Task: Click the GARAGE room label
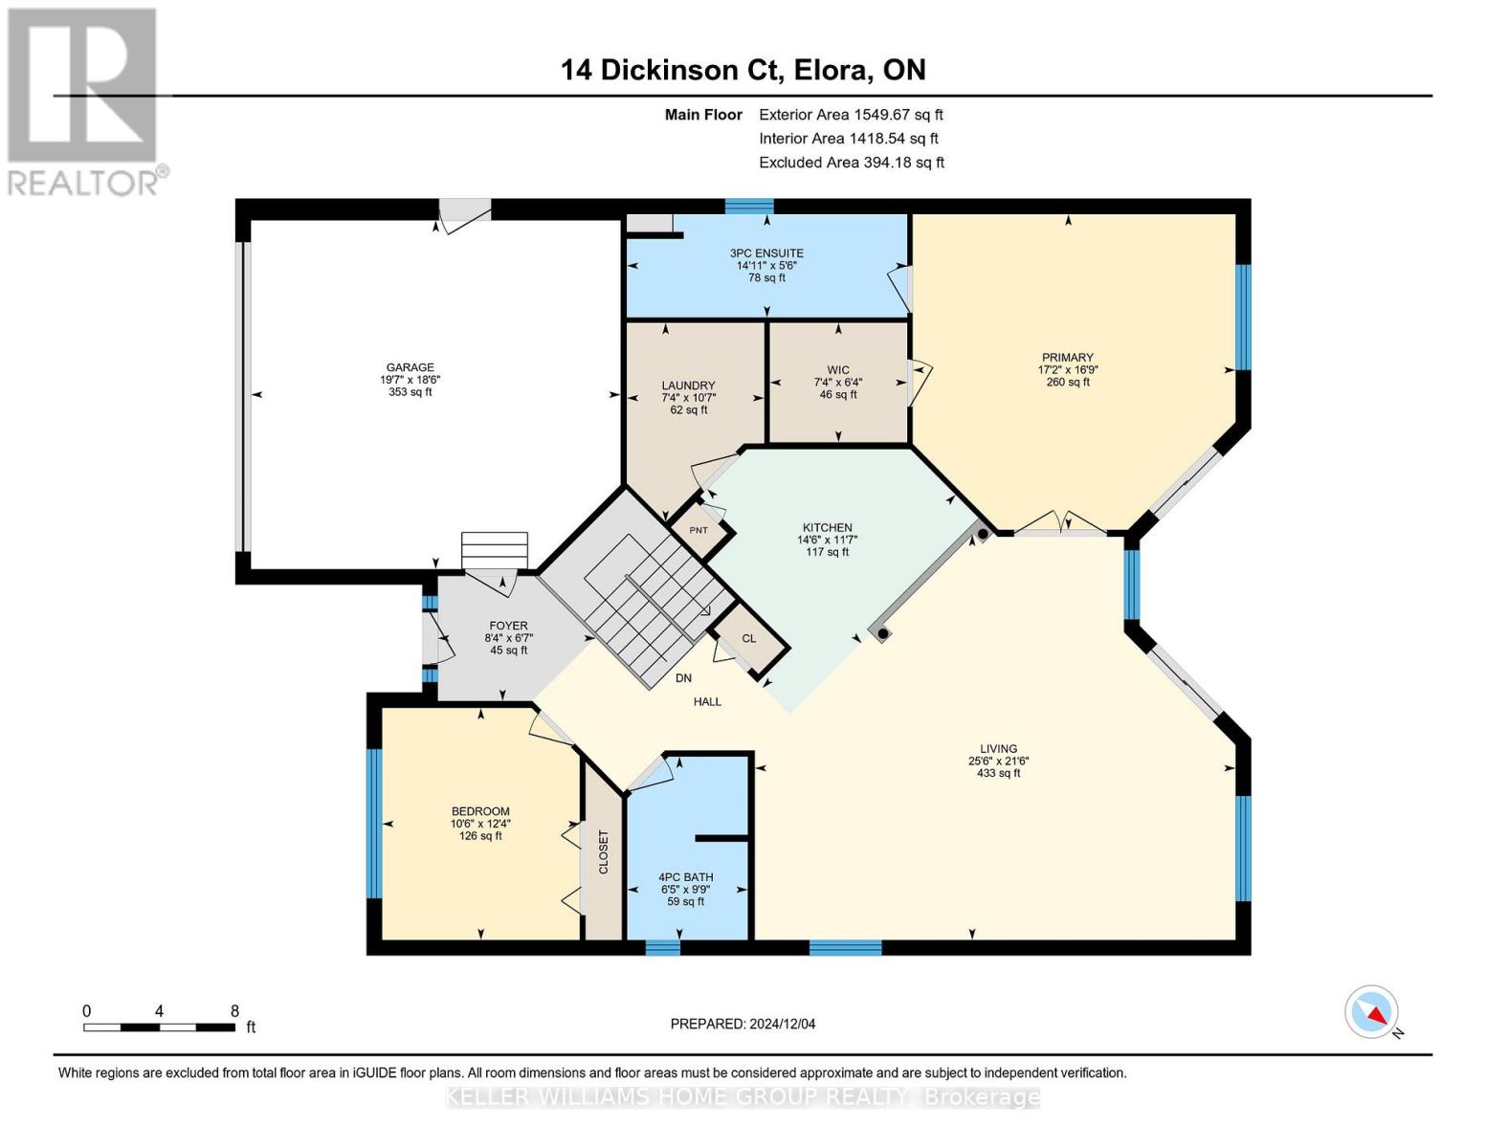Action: click(410, 367)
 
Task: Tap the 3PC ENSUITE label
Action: click(766, 254)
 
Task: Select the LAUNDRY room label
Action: click(688, 386)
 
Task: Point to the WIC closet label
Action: click(838, 370)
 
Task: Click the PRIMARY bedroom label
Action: click(1067, 358)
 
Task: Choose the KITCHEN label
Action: click(827, 528)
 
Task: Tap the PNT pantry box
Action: click(699, 531)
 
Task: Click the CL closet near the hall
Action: click(749, 639)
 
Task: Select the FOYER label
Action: click(508, 626)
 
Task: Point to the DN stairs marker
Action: click(683, 678)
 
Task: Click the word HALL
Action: click(707, 702)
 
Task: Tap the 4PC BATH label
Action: click(685, 877)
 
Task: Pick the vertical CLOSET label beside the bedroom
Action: click(603, 851)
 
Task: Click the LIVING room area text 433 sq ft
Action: click(998, 774)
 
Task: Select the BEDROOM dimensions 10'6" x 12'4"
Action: click(480, 824)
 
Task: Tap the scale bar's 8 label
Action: click(234, 1011)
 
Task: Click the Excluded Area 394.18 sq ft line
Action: click(852, 163)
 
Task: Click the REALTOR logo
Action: click(84, 100)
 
